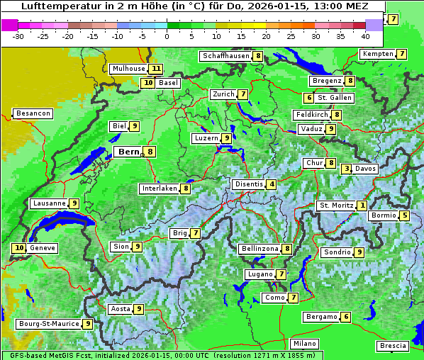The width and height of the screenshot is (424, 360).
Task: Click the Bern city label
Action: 128,152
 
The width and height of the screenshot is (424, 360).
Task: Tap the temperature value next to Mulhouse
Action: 155,69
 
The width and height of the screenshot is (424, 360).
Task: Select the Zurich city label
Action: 223,94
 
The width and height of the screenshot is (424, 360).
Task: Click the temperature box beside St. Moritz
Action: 362,206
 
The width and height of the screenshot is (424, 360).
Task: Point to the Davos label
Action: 365,169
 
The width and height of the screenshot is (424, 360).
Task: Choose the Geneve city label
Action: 42,248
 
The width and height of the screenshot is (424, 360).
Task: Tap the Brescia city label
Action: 393,346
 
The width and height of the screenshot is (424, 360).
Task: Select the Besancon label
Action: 33,113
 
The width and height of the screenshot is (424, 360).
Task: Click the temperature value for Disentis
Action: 272,184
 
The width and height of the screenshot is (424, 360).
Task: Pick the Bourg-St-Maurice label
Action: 48,324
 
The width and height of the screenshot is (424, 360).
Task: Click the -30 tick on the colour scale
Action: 18,35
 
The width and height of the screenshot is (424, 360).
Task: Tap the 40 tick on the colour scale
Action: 365,35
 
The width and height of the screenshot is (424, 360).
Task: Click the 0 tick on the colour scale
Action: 167,35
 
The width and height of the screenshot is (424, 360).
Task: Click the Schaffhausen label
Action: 225,56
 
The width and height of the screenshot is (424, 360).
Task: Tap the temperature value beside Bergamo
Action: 346,317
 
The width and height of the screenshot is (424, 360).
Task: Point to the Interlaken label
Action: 159,189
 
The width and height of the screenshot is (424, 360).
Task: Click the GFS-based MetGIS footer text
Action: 43,355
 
